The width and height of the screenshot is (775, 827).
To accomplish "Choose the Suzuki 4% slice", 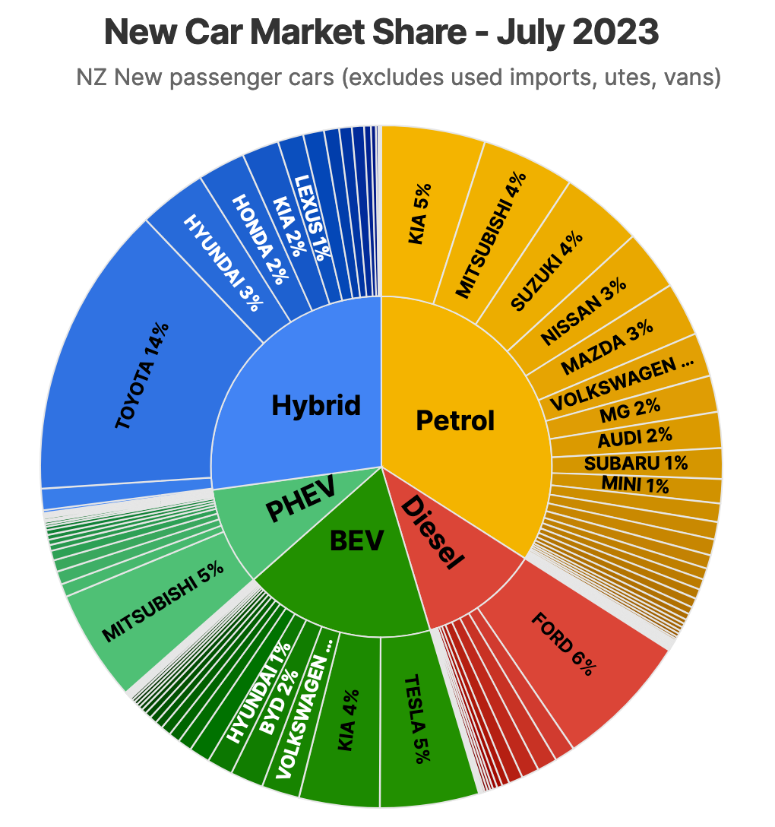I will (x=546, y=271).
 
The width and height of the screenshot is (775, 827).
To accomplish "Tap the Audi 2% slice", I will (x=635, y=436).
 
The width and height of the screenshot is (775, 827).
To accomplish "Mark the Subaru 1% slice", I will (x=636, y=463).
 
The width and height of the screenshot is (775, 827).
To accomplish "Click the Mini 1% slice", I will (x=636, y=484).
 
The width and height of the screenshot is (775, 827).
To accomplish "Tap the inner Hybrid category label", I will (x=316, y=405).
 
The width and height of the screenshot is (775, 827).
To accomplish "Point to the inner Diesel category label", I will (x=432, y=532).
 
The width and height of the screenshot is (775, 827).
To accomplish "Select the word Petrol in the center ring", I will (x=455, y=420).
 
